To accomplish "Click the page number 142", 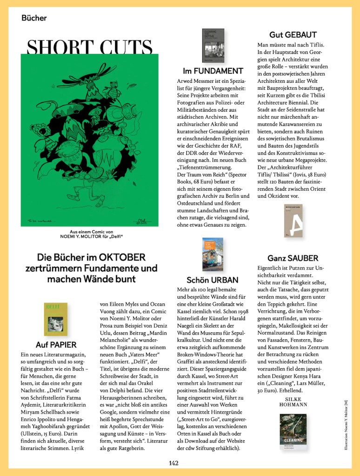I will click(x=173, y=463).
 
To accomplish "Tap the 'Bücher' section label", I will click(x=34, y=18).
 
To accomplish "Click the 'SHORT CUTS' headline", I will click(x=90, y=47).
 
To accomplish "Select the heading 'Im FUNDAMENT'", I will click(x=213, y=71).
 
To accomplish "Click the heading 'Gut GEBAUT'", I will click(x=293, y=35).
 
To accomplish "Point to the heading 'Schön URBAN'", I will click(x=213, y=280).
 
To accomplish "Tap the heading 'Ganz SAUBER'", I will click(x=293, y=258).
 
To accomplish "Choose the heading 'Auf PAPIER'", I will click(x=56, y=345).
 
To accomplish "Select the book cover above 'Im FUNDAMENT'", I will click(x=213, y=46).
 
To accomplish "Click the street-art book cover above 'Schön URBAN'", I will click(x=213, y=255).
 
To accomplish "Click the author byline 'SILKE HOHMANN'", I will click(x=293, y=402).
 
